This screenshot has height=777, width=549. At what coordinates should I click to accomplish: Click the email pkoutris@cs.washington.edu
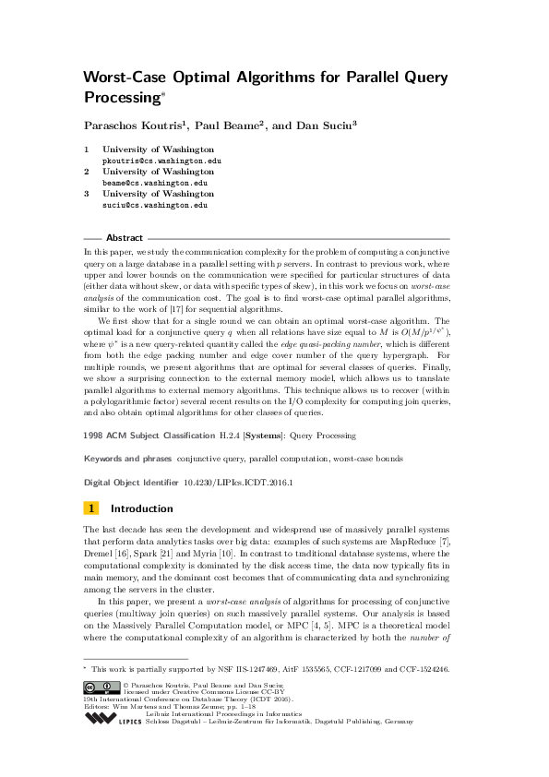click(161, 160)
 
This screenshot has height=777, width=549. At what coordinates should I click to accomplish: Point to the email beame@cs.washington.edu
click(155, 183)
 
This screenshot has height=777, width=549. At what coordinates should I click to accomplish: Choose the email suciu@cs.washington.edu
click(155, 206)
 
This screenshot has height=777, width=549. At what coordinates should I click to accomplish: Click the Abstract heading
click(125, 237)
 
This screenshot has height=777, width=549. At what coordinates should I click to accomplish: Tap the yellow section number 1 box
click(91, 508)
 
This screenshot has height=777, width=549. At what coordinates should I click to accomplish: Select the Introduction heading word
click(141, 508)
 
